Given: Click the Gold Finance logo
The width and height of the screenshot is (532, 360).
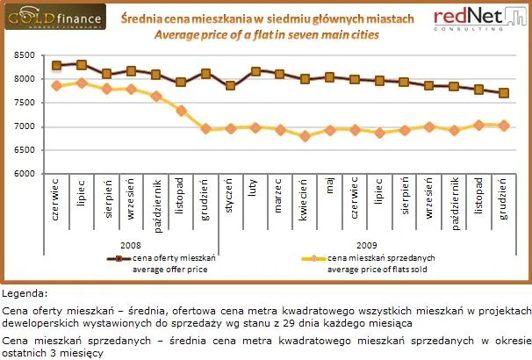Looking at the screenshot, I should [54, 18].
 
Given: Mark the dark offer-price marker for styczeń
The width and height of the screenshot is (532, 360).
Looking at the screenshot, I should [230, 85].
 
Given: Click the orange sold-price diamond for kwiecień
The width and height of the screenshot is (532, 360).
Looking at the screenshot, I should [305, 136].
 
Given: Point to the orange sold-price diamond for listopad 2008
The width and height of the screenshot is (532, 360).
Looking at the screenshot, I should [181, 111].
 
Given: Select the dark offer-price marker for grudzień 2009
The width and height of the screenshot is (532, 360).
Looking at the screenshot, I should [504, 93].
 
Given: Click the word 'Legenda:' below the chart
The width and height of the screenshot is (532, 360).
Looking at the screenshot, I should [25, 293].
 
